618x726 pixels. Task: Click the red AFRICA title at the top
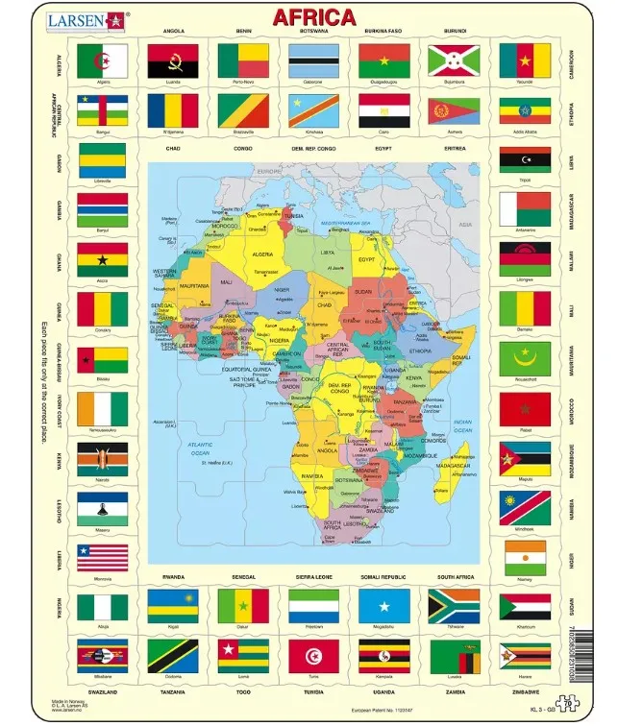pyautogui.click(x=313, y=16)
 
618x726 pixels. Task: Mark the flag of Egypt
pyautogui.click(x=383, y=110)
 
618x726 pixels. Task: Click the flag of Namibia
pyautogui.click(x=524, y=508)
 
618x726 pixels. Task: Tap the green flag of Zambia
pyautogui.click(x=454, y=656)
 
